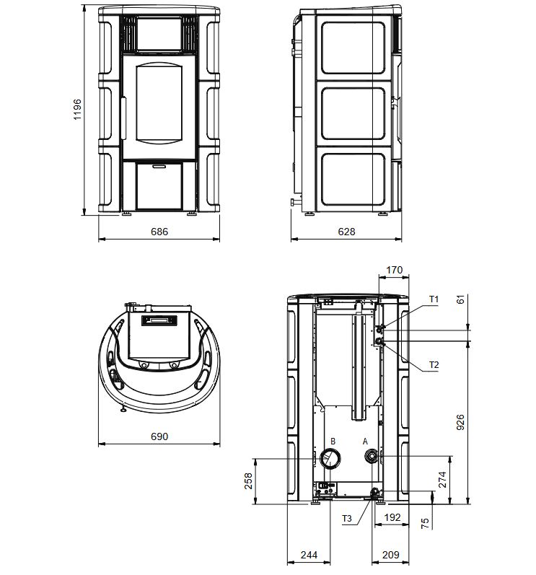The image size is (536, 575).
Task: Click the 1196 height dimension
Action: pos(77,109)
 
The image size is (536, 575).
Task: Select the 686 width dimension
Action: pos(159,232)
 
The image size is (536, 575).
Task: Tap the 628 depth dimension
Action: pos(346,232)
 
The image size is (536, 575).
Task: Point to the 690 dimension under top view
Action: pos(159,436)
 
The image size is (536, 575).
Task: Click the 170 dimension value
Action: pos(394,270)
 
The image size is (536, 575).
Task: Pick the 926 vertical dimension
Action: pos(460,422)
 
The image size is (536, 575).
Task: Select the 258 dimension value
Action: pos(248,480)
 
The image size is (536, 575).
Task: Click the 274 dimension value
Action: pos(442,480)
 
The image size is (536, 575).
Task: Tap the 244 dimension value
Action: pos(309,555)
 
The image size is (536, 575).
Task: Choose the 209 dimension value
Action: pos(391,555)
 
